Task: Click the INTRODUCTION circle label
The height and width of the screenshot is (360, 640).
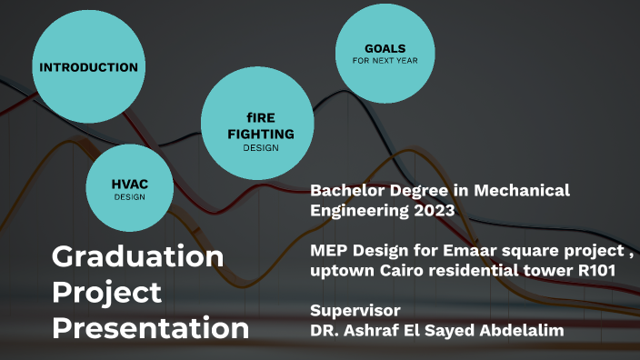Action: (88, 67)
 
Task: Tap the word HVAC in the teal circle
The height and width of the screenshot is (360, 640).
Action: (130, 185)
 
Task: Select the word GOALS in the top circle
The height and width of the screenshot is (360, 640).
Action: (385, 48)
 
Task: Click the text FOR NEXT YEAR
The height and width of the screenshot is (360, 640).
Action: (385, 61)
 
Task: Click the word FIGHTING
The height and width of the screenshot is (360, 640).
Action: (260, 134)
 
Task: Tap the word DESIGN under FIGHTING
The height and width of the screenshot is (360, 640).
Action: (260, 148)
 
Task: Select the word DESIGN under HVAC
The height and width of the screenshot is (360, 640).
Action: (130, 197)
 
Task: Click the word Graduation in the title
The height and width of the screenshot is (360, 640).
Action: (137, 256)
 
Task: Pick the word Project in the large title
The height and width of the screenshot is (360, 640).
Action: (106, 292)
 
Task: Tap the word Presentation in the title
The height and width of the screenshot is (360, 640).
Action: (150, 327)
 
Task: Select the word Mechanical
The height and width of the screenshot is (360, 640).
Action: (522, 191)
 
